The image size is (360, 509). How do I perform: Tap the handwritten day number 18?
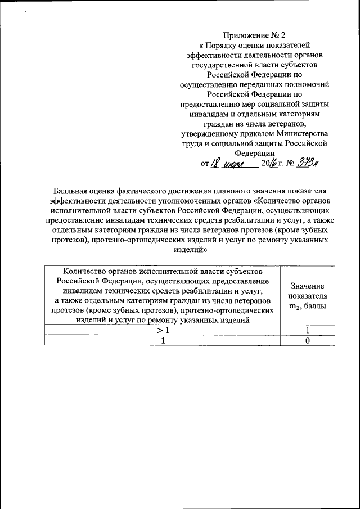[215, 163]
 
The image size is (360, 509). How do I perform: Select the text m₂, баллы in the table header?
[308, 306]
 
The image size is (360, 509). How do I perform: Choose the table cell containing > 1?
[162, 331]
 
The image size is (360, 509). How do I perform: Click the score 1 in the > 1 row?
[308, 331]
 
